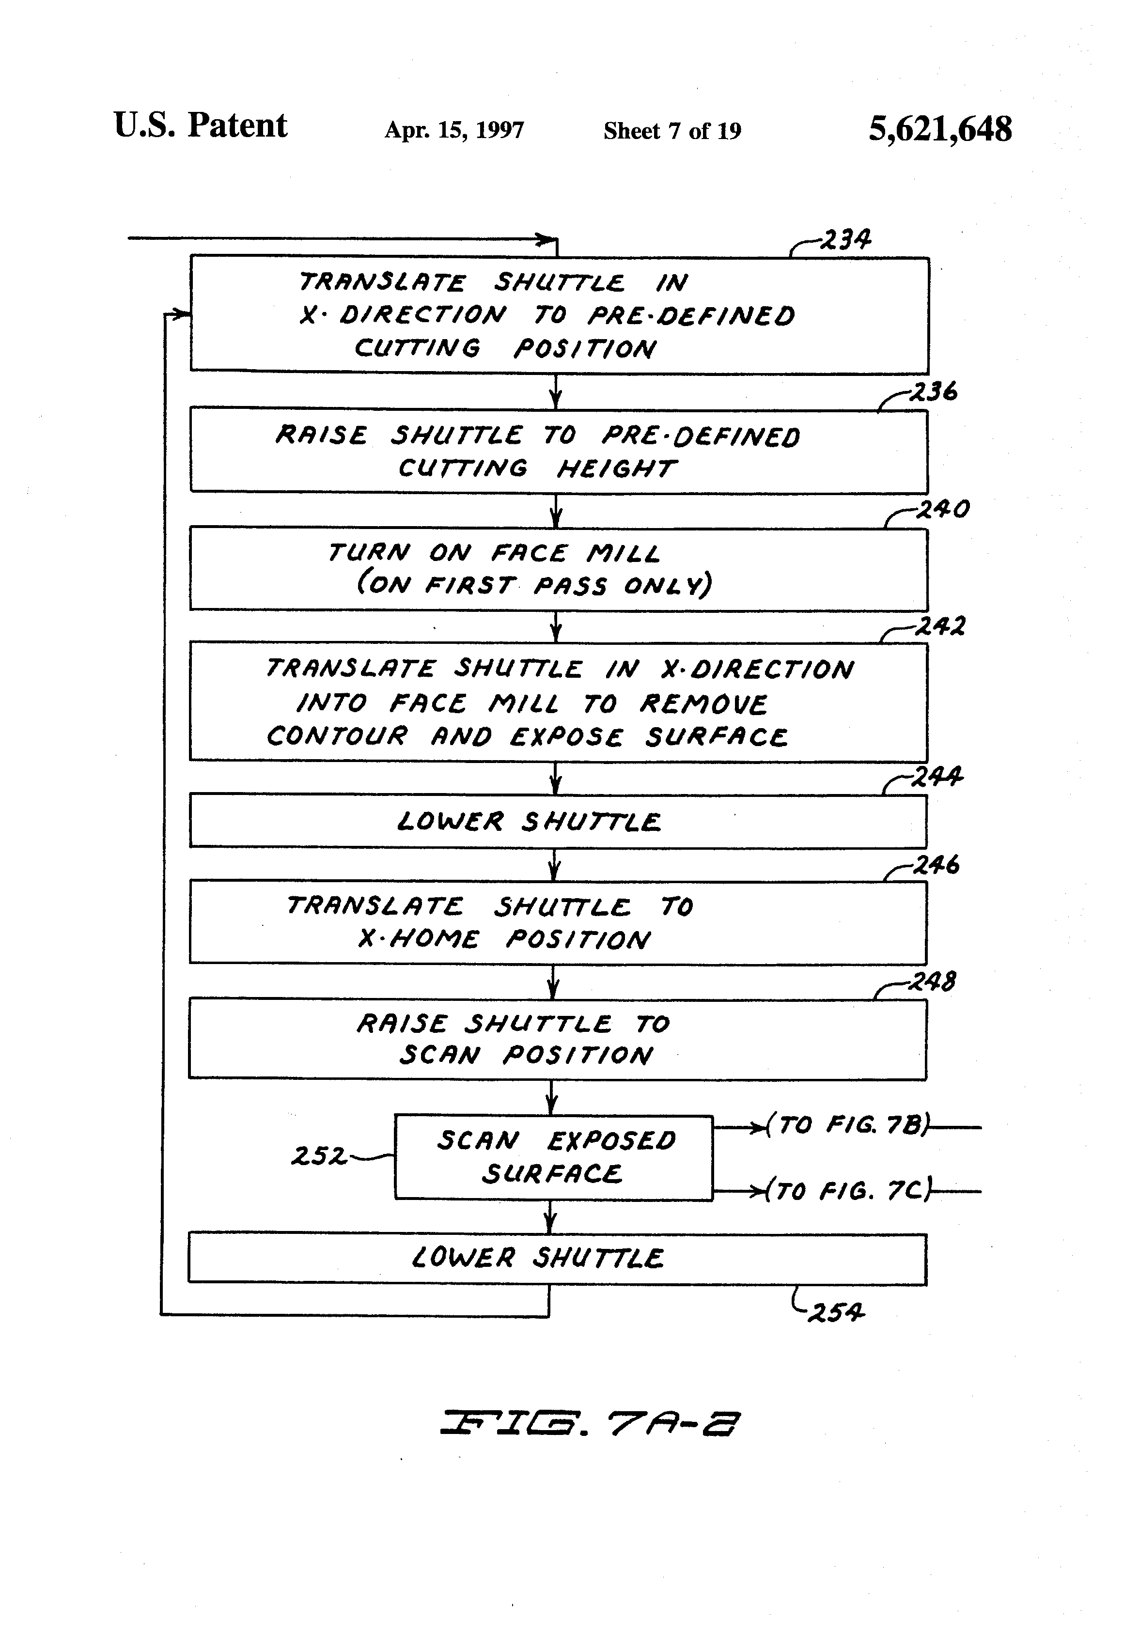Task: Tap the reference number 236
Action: [x=933, y=391]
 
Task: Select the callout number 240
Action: [x=942, y=509]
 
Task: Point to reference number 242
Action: [x=939, y=626]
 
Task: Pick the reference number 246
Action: [x=936, y=865]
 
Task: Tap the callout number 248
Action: [x=932, y=982]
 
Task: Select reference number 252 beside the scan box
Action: [x=318, y=1156]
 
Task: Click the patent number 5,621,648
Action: [x=939, y=129]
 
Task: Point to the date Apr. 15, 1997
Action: [x=454, y=130]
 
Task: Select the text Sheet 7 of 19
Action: [x=671, y=131]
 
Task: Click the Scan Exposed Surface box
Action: [x=553, y=1157]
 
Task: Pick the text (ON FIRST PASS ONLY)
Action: [x=533, y=585]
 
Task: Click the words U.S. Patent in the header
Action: [x=201, y=126]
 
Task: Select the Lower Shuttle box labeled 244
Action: [x=558, y=821]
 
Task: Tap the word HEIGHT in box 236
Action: [x=615, y=469]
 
